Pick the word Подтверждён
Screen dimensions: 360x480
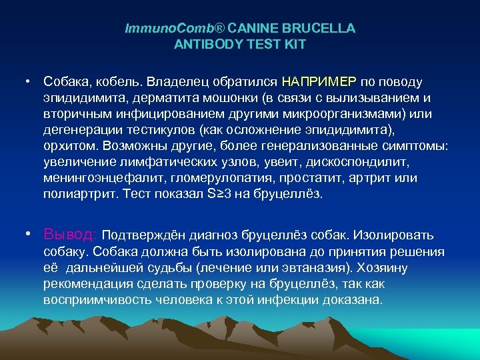143,235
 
